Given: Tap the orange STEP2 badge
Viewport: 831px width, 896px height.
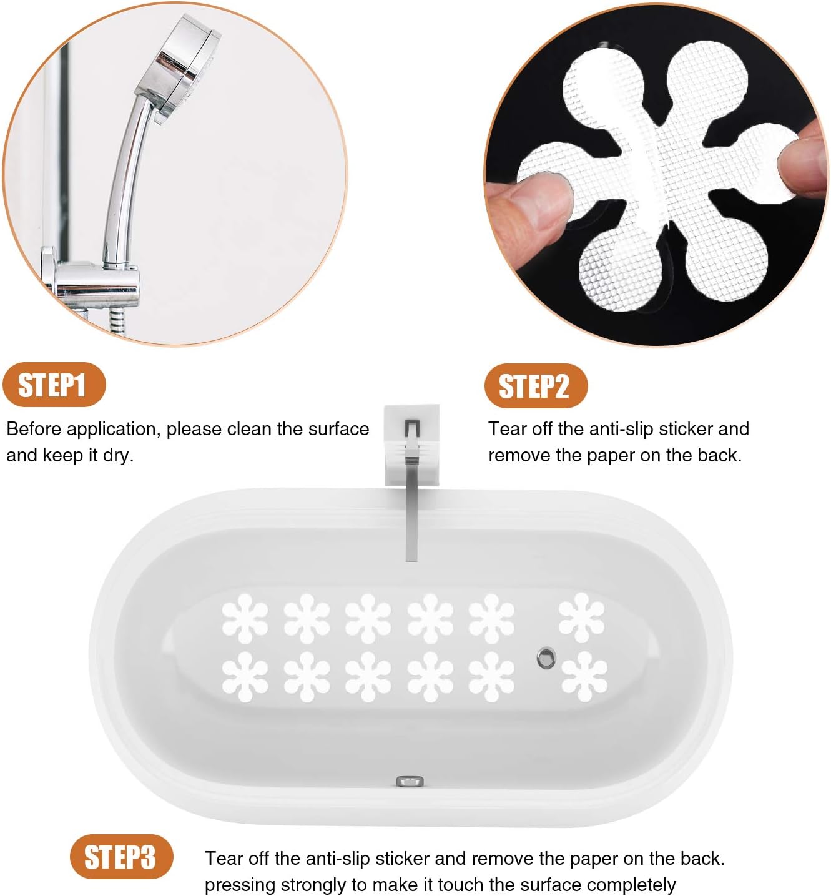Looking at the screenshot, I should (x=535, y=386).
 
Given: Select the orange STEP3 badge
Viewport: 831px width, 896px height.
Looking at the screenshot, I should (x=119, y=857).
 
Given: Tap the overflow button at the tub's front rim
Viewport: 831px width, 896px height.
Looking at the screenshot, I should (x=410, y=781).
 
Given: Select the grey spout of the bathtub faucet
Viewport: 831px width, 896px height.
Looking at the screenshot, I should (x=411, y=500).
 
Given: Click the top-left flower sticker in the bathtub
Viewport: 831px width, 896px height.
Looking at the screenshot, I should (x=245, y=618).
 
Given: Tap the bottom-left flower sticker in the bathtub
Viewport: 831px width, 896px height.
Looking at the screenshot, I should (x=245, y=676).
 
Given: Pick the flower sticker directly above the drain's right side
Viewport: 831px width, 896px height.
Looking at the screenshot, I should (x=582, y=617).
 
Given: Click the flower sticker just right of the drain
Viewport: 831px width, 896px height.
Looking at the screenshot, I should (x=584, y=676).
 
